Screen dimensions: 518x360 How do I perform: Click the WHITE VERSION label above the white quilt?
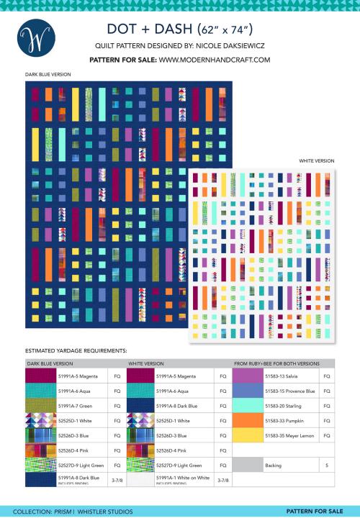(x=316, y=161)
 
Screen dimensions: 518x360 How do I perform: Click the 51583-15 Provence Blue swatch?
(x=247, y=391)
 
